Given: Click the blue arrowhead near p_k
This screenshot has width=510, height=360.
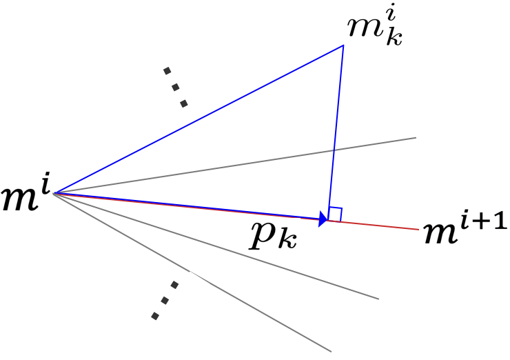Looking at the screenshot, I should pyautogui.click(x=323, y=219).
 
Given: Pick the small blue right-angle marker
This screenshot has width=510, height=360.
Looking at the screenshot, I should pyautogui.click(x=336, y=214).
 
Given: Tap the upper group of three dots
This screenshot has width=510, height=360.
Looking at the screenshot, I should pyautogui.click(x=175, y=86).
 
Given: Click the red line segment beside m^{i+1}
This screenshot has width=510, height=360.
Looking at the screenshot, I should pyautogui.click(x=386, y=226).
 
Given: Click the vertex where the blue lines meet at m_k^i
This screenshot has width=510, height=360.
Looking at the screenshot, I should pyautogui.click(x=343, y=46).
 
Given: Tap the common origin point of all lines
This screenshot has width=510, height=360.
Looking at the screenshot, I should pyautogui.click(x=54, y=192).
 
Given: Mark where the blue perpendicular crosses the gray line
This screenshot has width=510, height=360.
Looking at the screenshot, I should pyautogui.click(x=334, y=150).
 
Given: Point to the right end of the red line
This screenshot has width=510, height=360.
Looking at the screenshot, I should pyautogui.click(x=418, y=229).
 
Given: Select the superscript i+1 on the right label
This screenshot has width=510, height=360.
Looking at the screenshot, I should pyautogui.click(x=489, y=225).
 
